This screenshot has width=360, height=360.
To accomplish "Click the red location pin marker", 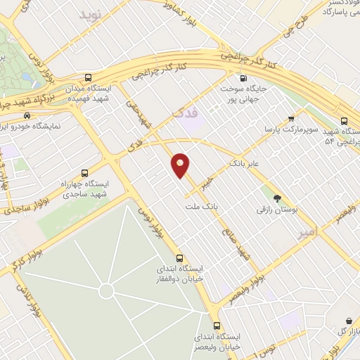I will click(x=181, y=165).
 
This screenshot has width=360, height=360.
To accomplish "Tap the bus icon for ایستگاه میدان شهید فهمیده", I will click(x=87, y=78).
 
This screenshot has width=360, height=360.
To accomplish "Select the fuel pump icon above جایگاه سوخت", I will click(x=243, y=78).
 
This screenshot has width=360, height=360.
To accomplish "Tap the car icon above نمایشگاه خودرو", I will click(x=27, y=115).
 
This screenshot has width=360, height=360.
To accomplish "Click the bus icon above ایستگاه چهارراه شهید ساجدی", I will click(x=84, y=173).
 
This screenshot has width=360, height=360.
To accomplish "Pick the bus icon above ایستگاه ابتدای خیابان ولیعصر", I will click(x=216, y=326).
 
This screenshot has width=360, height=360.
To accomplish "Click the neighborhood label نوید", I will click(x=91, y=14).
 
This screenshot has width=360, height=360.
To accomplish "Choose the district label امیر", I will click(x=307, y=231).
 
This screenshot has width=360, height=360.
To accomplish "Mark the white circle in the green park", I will click(x=106, y=290).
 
